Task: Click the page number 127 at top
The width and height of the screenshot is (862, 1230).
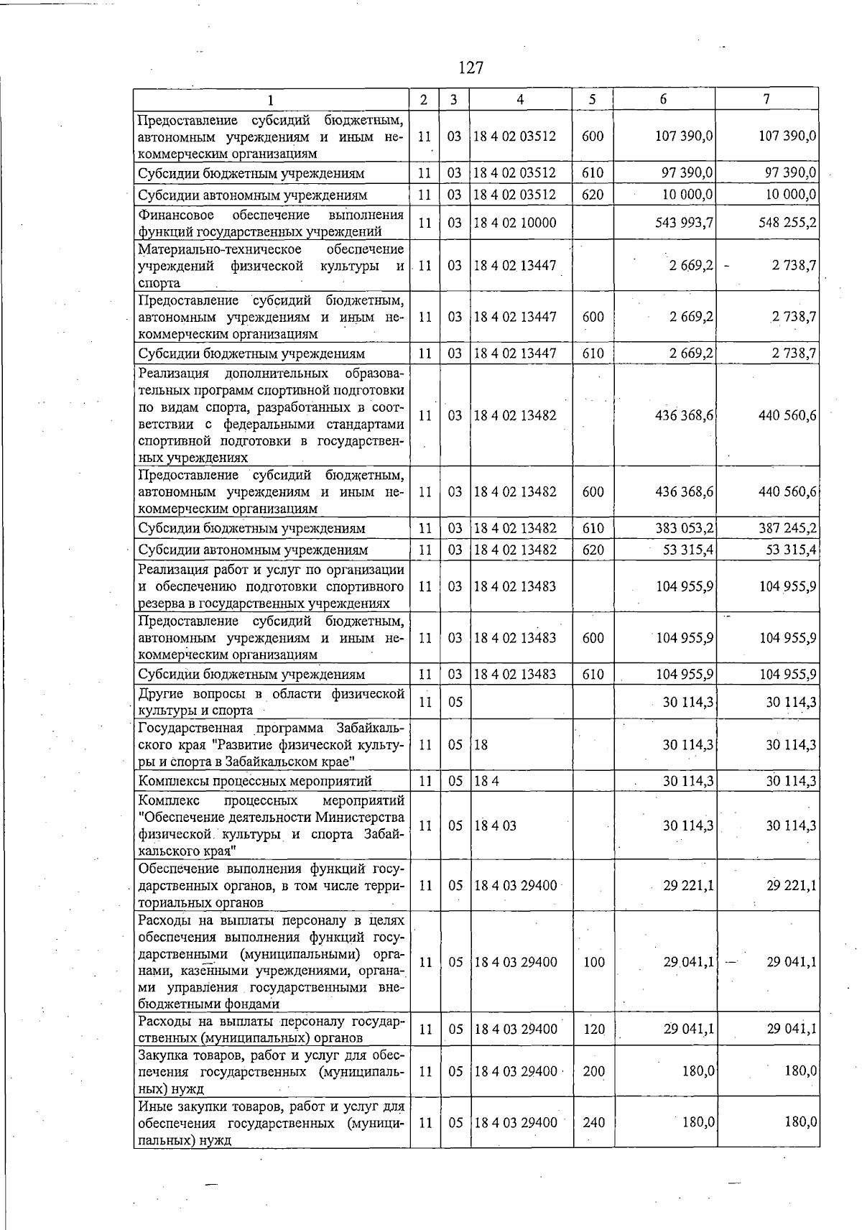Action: tap(471, 68)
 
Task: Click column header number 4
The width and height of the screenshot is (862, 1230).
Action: tap(520, 100)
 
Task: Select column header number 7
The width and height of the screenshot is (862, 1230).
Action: tap(767, 100)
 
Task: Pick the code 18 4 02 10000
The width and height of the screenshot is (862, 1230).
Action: tap(514, 223)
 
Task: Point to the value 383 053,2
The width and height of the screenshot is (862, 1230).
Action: tap(684, 528)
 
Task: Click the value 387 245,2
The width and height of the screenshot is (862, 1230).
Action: tap(787, 528)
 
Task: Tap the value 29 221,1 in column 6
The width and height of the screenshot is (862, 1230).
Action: tap(687, 886)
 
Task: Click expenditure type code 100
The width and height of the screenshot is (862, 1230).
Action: tap(593, 962)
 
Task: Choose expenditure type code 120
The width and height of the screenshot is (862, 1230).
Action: tap(593, 1030)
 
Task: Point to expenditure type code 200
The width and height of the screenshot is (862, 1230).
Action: tap(593, 1071)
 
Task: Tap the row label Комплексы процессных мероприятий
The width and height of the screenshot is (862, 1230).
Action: tap(255, 781)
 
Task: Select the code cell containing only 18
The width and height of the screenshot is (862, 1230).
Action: tap(481, 745)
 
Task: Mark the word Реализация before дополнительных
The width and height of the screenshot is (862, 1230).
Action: tap(172, 374)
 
